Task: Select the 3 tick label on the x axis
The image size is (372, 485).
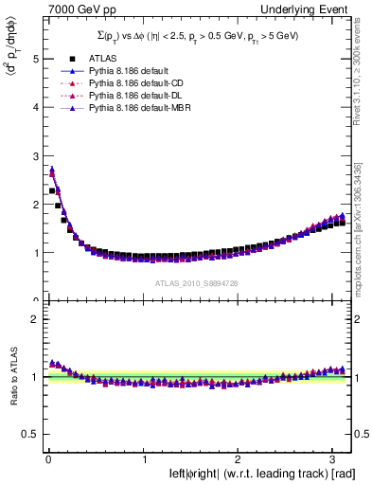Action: click(x=332, y=459)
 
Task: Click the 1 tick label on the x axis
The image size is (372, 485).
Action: click(x=144, y=459)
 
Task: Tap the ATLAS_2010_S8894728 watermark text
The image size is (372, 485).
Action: click(x=194, y=284)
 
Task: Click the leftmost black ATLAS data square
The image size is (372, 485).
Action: click(x=52, y=190)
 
